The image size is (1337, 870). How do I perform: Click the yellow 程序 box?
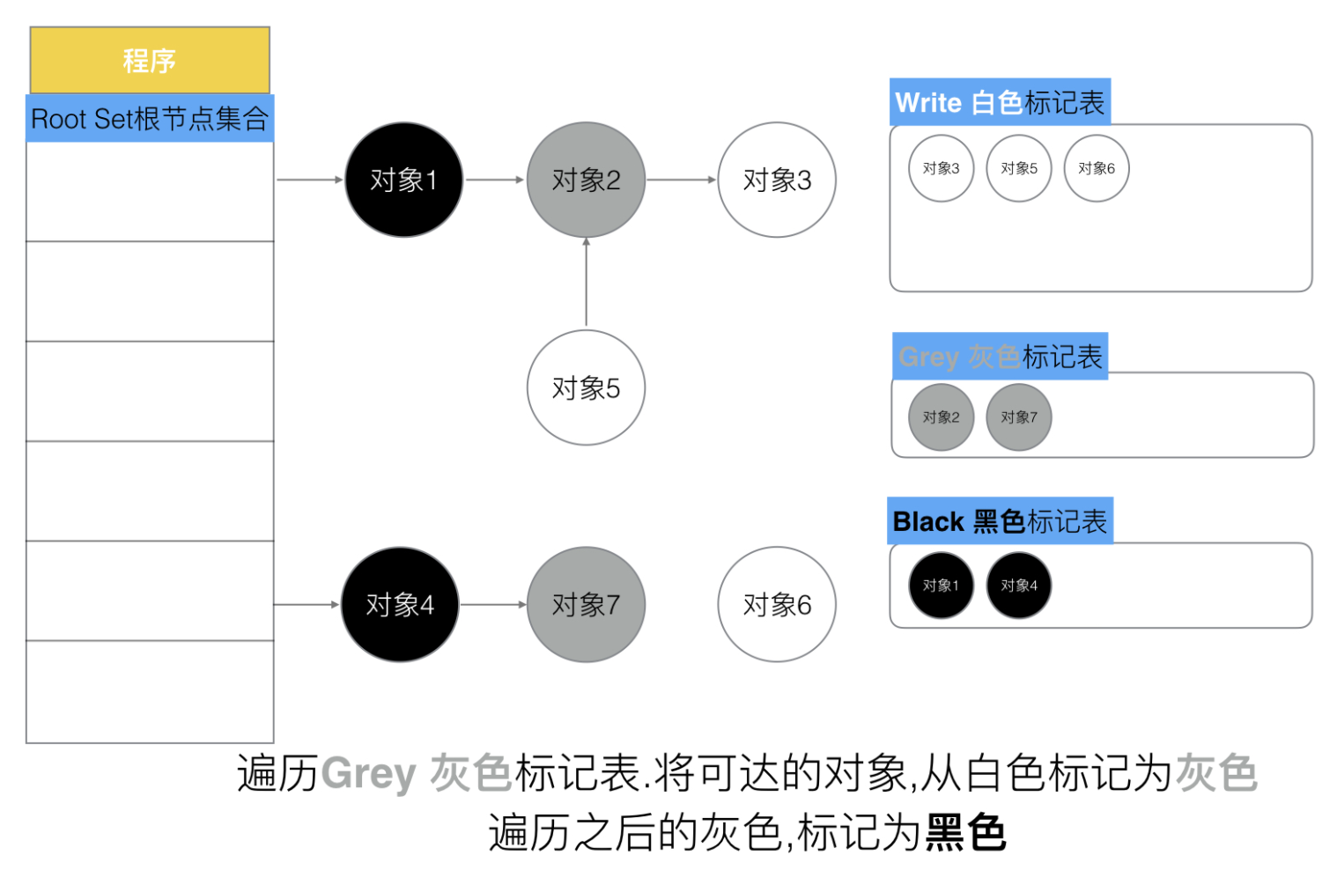pyautogui.click(x=150, y=60)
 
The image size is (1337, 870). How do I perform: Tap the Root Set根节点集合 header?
pyautogui.click(x=150, y=118)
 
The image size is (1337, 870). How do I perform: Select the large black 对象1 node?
pyautogui.click(x=404, y=180)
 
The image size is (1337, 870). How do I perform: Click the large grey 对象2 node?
pyautogui.click(x=586, y=180)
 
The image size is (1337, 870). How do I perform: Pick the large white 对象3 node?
pyautogui.click(x=777, y=180)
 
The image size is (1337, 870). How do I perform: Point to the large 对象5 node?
pyautogui.click(x=586, y=387)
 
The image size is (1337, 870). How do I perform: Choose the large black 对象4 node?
pyautogui.click(x=400, y=604)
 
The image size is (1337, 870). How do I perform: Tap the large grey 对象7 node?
pyautogui.click(x=586, y=604)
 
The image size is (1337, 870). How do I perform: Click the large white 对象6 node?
pyautogui.click(x=777, y=604)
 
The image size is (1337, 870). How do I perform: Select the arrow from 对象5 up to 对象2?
pyautogui.click(x=586, y=282)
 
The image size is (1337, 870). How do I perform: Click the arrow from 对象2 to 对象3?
pyautogui.click(x=681, y=180)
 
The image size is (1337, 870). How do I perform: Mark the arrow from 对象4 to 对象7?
pyautogui.click(x=493, y=604)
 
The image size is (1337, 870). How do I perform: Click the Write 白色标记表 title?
pyautogui.click(x=1000, y=102)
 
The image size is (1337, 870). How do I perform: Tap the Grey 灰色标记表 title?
pyautogui.click(x=1001, y=357)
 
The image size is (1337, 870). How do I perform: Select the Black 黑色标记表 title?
pyautogui.click(x=1000, y=521)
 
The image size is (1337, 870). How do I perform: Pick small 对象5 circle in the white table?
pyautogui.click(x=1019, y=168)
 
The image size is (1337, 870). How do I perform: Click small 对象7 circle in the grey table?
pyautogui.click(x=1019, y=417)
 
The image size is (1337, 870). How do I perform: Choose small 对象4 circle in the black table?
pyautogui.click(x=1019, y=586)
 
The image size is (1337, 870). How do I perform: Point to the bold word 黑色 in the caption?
pyautogui.click(x=965, y=832)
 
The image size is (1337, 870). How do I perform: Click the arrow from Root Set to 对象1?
pyautogui.click(x=310, y=180)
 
